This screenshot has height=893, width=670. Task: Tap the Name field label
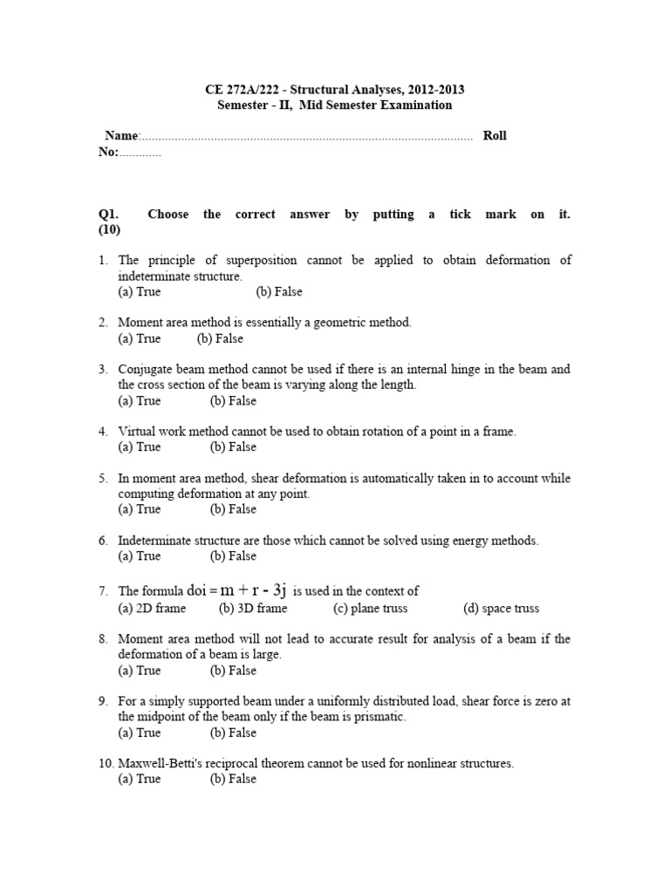pyautogui.click(x=121, y=136)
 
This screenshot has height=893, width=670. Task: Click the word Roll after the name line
pyautogui.click(x=495, y=136)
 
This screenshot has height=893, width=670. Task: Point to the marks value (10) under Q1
pyautogui.click(x=109, y=230)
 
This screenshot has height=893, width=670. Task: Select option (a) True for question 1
pyautogui.click(x=140, y=292)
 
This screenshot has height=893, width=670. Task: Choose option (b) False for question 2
pyautogui.click(x=220, y=338)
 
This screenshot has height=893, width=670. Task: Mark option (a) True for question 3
pyautogui.click(x=140, y=401)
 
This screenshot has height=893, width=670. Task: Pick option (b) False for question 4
pyautogui.click(x=233, y=446)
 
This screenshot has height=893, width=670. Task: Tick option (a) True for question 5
pyautogui.click(x=140, y=509)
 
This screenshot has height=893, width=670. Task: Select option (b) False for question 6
pyautogui.click(x=233, y=556)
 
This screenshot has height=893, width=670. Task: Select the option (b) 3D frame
pyautogui.click(x=253, y=609)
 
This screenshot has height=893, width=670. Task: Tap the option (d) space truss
pyautogui.click(x=501, y=609)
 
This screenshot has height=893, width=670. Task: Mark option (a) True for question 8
pyautogui.click(x=140, y=671)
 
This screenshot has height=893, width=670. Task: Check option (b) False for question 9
pyautogui.click(x=233, y=733)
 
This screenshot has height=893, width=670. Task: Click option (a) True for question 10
pyautogui.click(x=140, y=779)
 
